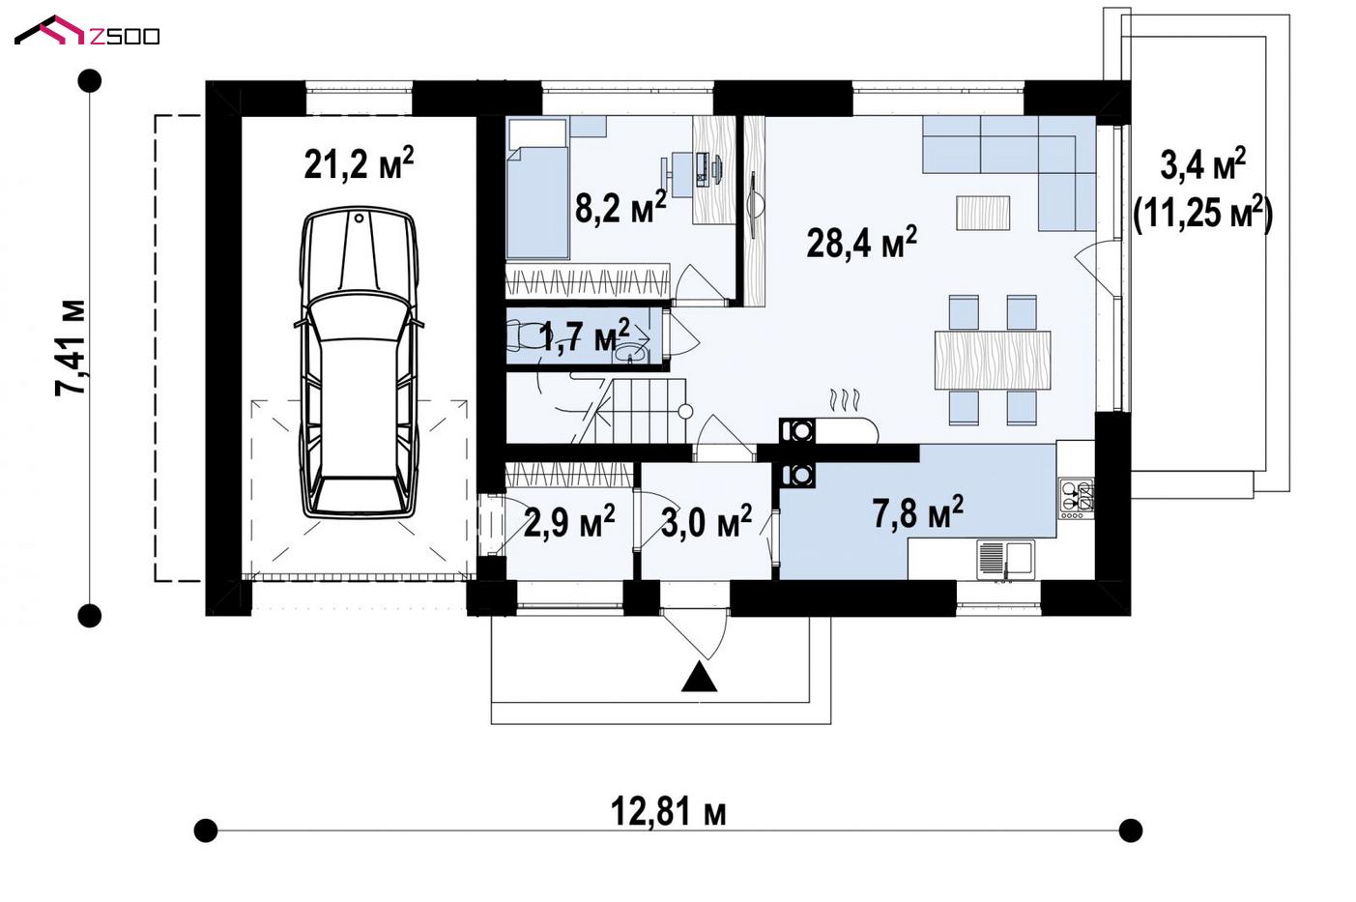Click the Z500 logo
(x=87, y=31)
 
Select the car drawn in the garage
(x=359, y=362)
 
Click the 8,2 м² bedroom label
(x=620, y=207)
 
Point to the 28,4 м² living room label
(x=861, y=242)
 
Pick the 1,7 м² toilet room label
(x=585, y=336)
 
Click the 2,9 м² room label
(x=569, y=521)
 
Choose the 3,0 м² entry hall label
(x=707, y=521)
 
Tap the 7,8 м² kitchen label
(x=918, y=512)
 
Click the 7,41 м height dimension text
(x=71, y=348)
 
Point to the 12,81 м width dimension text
(x=668, y=812)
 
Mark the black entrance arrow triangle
(x=699, y=678)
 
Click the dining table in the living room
(x=993, y=361)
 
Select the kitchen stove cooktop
(x=1077, y=498)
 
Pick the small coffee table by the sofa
(x=983, y=213)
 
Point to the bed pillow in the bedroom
(x=537, y=133)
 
